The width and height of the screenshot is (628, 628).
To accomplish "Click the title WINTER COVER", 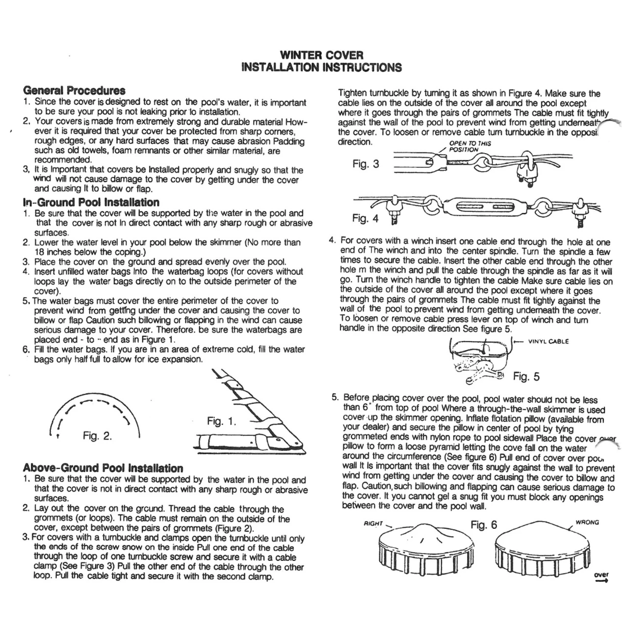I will click(322, 55).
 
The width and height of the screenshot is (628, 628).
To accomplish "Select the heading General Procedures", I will click(74, 90).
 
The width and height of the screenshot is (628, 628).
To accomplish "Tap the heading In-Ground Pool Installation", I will click(91, 202).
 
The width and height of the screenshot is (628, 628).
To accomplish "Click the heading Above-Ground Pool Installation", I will click(103, 468).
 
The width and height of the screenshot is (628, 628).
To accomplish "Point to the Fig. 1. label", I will click(221, 421).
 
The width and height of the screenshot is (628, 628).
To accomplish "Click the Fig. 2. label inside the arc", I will click(97, 436).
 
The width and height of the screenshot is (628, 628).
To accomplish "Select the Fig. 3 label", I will click(366, 164).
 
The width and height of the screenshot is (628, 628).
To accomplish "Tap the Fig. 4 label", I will click(366, 218).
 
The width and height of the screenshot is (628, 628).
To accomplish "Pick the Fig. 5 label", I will click(526, 376).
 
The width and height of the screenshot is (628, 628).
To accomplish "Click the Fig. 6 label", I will click(484, 525).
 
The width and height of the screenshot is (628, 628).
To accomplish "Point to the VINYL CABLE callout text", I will click(549, 341).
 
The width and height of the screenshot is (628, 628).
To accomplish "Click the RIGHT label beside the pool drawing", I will click(373, 523).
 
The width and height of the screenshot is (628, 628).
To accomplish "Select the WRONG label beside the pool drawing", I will click(587, 523).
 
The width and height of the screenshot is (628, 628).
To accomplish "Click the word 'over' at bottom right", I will click(601, 575).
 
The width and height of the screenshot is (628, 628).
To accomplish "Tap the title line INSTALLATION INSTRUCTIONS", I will click(322, 68).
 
